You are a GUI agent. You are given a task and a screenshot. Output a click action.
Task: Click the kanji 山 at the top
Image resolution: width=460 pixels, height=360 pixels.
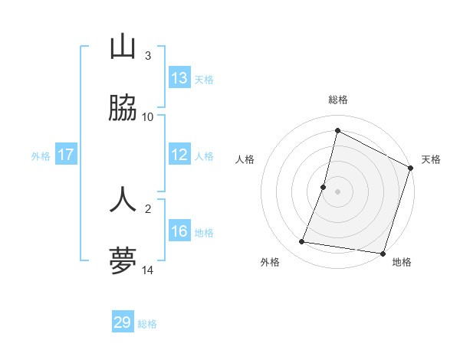[123, 47]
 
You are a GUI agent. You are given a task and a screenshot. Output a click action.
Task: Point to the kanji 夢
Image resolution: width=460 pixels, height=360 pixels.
[123, 261]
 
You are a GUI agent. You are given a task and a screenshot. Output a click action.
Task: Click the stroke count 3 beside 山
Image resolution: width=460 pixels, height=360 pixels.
[148, 56]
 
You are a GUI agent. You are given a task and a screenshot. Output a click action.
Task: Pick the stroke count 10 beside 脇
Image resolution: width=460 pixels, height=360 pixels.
[148, 117]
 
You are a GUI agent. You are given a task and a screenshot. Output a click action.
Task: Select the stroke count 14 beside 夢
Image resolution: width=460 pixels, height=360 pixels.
[148, 270]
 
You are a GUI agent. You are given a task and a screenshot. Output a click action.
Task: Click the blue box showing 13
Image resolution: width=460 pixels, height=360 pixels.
[179, 78]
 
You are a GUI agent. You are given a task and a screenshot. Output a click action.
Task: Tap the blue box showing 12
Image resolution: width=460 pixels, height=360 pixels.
[179, 155]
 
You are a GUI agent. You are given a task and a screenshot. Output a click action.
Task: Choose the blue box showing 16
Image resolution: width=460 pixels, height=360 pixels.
[179, 231]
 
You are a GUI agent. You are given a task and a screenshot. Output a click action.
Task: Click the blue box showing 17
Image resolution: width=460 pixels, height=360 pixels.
[66, 155]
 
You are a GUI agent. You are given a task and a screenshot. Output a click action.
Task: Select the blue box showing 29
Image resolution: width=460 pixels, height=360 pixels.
[123, 322]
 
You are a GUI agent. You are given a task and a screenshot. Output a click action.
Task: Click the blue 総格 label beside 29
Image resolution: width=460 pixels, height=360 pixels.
[147, 324]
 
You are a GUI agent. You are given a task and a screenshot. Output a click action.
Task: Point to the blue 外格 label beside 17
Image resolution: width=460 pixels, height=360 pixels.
[41, 156]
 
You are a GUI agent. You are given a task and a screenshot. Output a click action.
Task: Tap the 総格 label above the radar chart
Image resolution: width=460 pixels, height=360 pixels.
[338, 100]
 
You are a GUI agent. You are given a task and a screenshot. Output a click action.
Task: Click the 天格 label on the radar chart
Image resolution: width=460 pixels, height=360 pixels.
[431, 159]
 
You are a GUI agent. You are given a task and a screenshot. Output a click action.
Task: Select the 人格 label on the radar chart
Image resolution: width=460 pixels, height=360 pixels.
[245, 159]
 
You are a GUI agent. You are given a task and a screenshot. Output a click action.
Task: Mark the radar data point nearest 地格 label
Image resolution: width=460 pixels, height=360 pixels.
[382, 254]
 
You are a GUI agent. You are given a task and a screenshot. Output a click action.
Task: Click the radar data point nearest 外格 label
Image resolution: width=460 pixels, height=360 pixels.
[302, 242]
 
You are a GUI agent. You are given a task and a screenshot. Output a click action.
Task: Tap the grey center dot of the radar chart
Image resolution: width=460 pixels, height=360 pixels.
[337, 191]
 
